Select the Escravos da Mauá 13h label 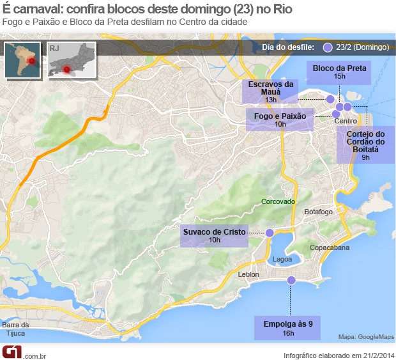(x=271, y=91)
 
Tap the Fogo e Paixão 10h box (x=280, y=120)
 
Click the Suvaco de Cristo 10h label (x=214, y=235)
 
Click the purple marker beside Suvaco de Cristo (x=270, y=233)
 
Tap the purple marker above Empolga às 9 (x=291, y=280)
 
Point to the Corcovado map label (x=278, y=201)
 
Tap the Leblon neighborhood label (x=248, y=274)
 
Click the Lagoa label (x=282, y=260)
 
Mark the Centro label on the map (x=346, y=121)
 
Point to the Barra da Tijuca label (x=16, y=329)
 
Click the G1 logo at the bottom (x=12, y=352)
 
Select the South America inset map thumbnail (x=22, y=60)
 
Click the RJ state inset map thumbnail (x=71, y=60)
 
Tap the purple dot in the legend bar (x=328, y=47)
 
